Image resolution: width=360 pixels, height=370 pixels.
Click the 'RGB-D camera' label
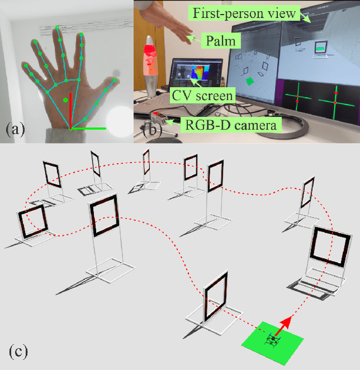coord(231,124)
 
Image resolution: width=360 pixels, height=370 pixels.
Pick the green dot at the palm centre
coord(66,101)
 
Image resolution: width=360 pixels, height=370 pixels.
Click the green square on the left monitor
coord(249,82)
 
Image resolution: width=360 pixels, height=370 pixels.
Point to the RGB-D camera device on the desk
coord(159,118)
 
